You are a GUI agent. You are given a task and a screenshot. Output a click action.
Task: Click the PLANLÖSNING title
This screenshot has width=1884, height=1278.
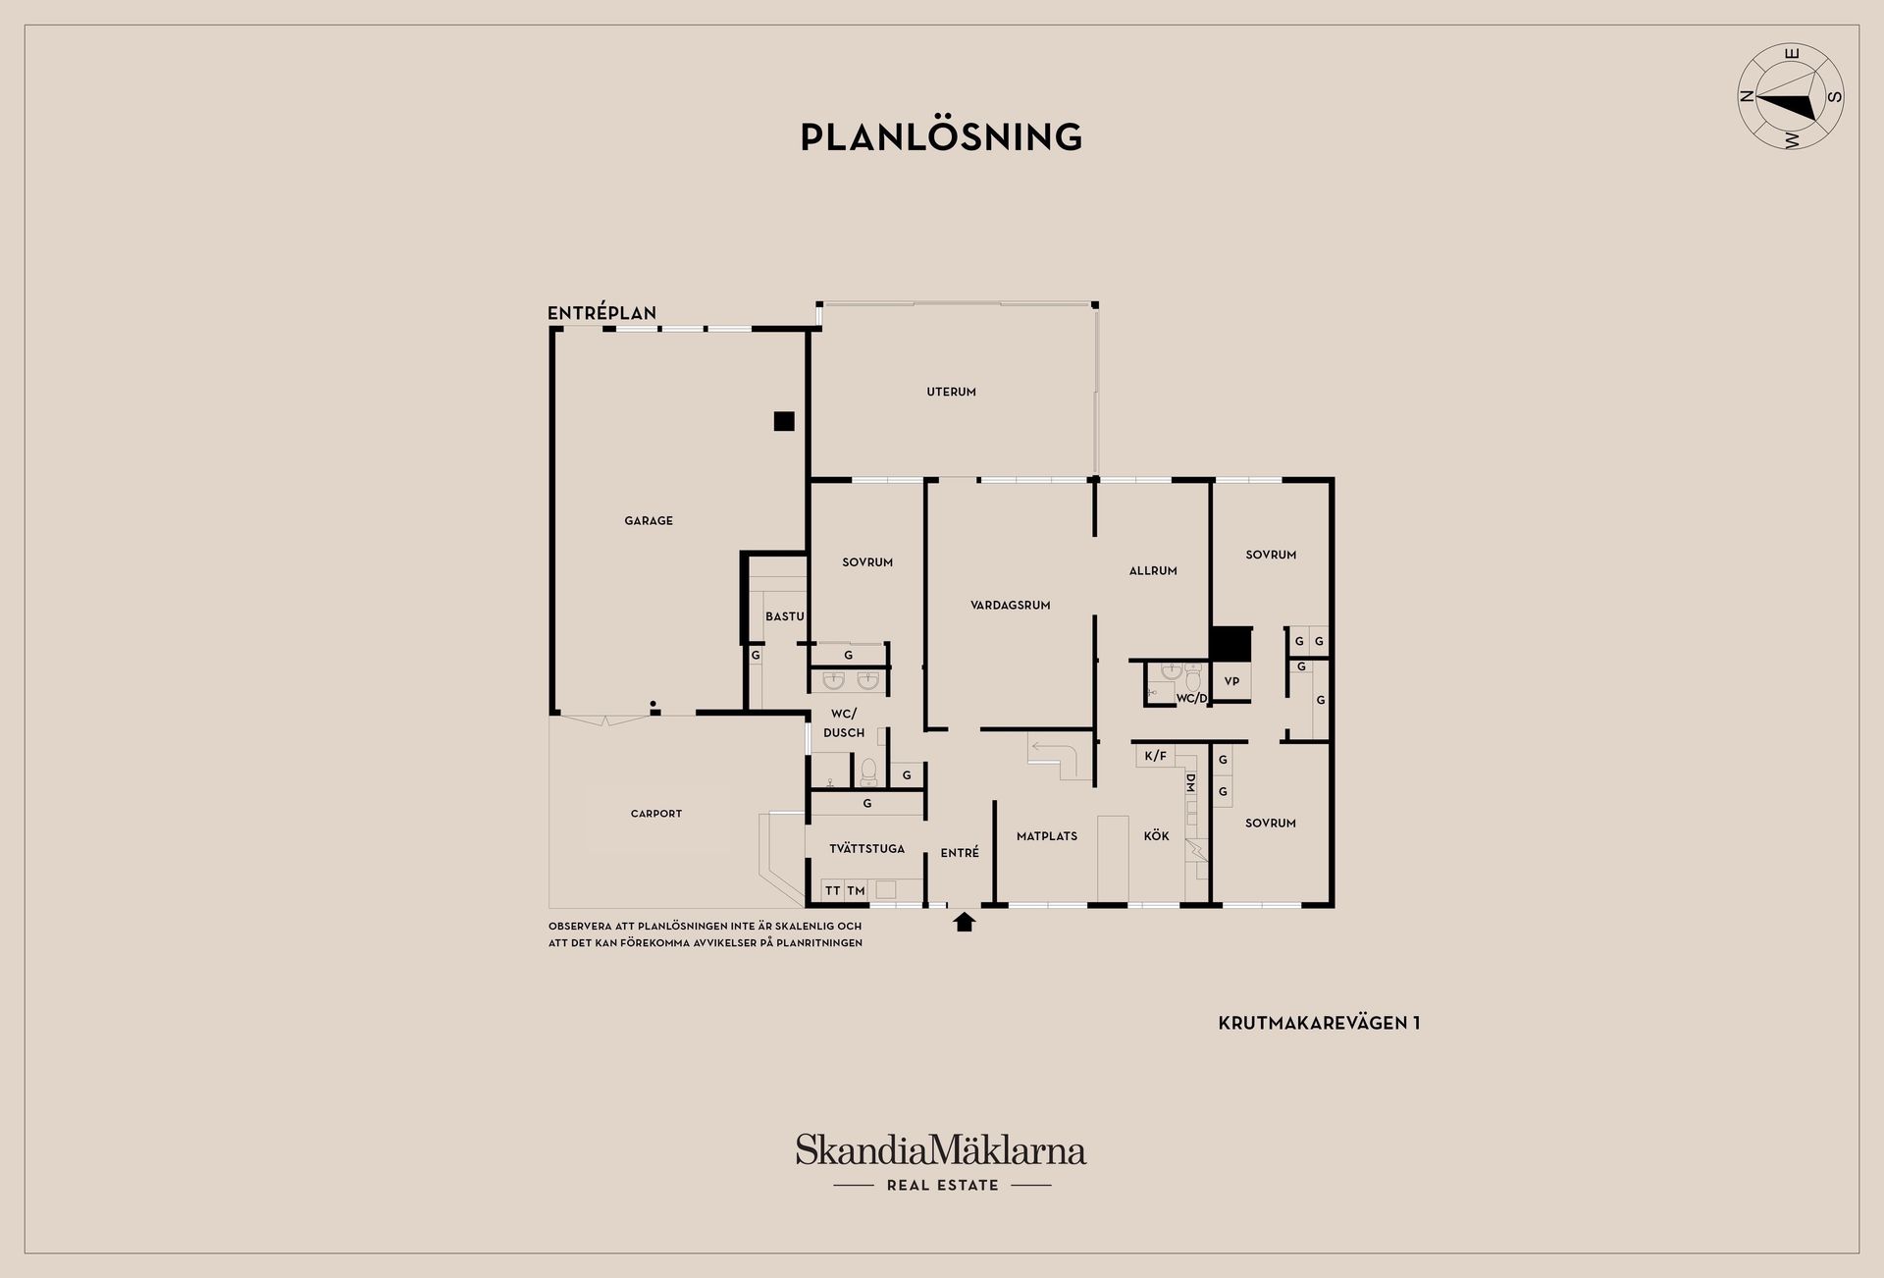pos(941,136)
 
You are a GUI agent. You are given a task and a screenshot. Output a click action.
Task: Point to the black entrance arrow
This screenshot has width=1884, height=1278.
pos(965,921)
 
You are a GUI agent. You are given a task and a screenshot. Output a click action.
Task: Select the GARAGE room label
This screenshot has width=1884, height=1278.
pos(649,521)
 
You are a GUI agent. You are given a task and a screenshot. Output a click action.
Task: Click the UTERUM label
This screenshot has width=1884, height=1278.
pos(951,392)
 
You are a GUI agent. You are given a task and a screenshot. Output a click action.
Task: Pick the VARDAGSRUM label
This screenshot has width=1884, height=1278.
pos(1010,606)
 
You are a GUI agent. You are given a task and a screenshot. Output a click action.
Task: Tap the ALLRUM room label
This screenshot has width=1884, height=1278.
pos(1153,570)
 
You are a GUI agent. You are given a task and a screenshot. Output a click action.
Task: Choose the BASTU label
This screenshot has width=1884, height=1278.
pos(785,616)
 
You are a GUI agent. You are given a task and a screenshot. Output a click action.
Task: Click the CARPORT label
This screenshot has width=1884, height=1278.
pos(655,814)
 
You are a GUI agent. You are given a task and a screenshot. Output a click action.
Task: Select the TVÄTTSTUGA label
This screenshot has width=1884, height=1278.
pos(866,848)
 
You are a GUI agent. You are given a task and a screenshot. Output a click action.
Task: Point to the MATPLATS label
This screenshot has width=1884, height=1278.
pos(1047,836)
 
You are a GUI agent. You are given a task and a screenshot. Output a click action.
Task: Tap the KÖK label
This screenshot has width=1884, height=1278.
pos(1156,835)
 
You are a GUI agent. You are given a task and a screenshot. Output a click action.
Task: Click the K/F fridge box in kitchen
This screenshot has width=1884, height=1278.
pos(1156,756)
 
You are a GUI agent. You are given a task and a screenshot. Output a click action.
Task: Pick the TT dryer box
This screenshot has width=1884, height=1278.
pos(833,890)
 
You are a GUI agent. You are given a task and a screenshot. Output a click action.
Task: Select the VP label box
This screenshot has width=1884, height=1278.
pos(1231,681)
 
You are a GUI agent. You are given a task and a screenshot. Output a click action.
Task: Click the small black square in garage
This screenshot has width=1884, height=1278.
pos(783,421)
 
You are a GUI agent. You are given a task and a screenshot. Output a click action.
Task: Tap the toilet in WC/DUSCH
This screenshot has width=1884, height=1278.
pos(867,772)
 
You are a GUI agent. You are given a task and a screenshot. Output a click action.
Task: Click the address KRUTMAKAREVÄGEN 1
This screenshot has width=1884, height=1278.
pos(1319,1023)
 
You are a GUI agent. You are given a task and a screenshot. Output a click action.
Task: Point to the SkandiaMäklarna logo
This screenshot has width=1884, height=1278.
pos(941,1162)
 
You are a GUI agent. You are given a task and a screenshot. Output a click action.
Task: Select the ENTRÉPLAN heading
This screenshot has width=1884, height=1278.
pos(602,313)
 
